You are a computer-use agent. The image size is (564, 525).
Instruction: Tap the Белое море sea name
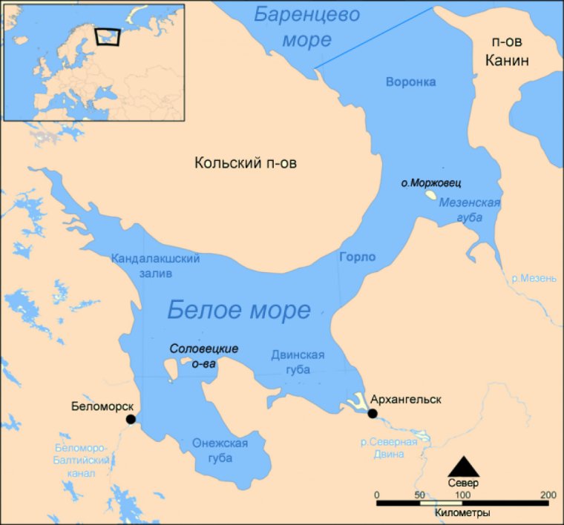(238, 308)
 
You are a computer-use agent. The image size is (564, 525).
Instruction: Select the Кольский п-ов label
(246, 162)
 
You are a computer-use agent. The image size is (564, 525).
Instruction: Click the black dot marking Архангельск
(373, 414)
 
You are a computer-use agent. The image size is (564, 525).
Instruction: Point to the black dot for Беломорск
(131, 419)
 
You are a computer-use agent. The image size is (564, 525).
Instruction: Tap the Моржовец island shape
(430, 197)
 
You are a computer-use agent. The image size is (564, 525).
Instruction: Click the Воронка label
(410, 82)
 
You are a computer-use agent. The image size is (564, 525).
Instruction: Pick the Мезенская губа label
(470, 210)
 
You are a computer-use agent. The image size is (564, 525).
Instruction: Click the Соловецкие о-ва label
(203, 354)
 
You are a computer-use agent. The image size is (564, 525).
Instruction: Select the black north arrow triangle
(463, 466)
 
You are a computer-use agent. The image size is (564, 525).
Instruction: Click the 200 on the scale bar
(548, 495)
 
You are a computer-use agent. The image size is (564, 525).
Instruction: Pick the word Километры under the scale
(462, 512)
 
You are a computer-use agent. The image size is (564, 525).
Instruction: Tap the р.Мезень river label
(534, 279)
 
